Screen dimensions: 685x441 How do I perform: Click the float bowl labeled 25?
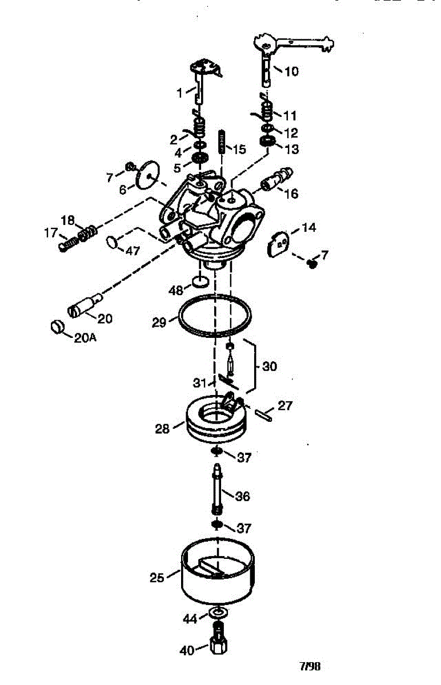point(217,577)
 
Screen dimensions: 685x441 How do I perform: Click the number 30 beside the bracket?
point(269,366)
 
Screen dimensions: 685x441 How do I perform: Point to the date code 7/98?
point(310,666)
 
